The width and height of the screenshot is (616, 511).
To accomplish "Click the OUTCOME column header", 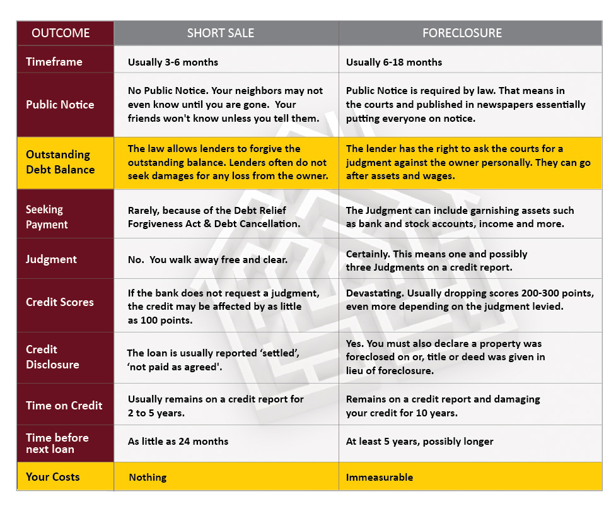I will click(x=61, y=33).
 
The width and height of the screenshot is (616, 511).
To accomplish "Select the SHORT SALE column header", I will click(x=220, y=33).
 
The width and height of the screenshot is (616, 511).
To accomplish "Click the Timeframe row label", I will click(x=54, y=62).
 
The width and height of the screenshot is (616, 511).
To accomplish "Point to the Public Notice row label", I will click(x=60, y=105).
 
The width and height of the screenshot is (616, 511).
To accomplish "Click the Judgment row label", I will click(x=51, y=259).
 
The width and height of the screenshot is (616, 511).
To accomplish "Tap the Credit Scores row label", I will click(x=59, y=302).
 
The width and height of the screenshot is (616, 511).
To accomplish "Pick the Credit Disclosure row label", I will click(x=52, y=357).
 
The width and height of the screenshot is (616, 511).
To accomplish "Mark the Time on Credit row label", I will click(x=64, y=406).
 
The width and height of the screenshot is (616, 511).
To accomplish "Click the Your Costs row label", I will click(x=53, y=477).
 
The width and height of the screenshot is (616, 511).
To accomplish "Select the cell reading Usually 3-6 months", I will click(x=173, y=62).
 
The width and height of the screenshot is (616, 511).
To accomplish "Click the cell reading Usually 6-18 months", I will click(x=394, y=62).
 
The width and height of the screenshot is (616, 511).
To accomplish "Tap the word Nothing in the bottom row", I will click(x=148, y=478).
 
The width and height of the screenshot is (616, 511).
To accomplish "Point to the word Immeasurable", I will click(x=380, y=478).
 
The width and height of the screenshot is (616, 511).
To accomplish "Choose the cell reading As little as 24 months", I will click(x=178, y=442).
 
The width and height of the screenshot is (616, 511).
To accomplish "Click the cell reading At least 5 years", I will click(x=419, y=442).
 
